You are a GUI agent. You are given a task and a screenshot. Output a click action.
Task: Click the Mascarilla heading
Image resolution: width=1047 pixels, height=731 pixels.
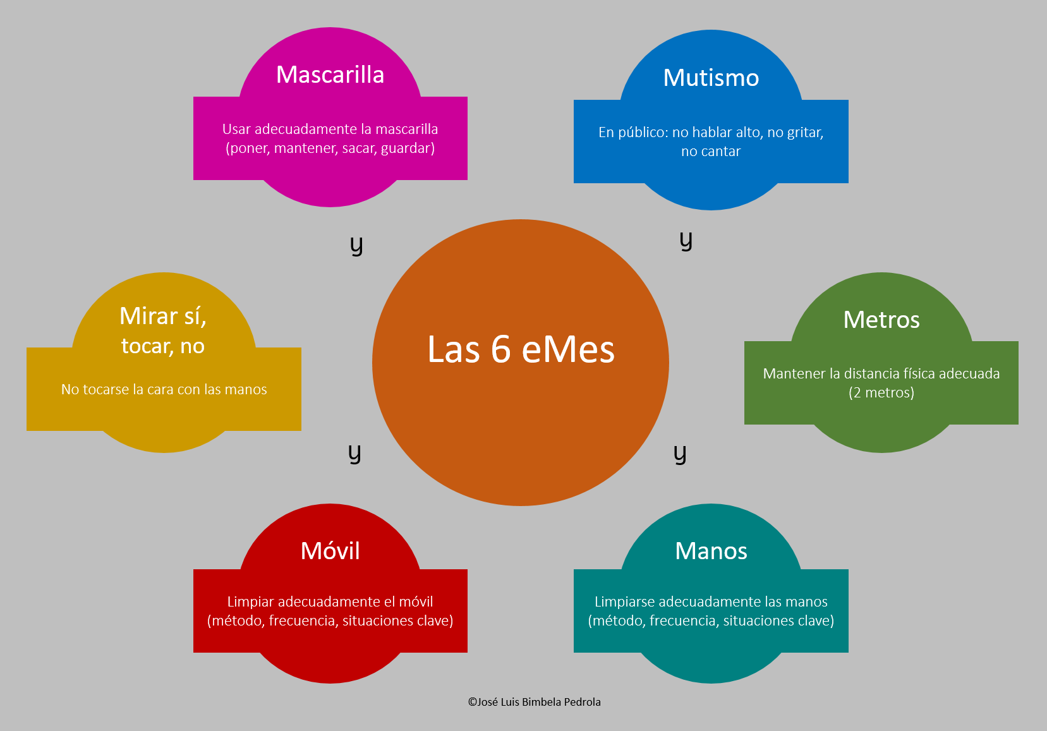330,75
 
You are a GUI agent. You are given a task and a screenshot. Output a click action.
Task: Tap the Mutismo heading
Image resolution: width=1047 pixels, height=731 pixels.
711,78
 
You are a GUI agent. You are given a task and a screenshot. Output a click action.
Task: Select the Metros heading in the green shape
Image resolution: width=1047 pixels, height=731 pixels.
881,320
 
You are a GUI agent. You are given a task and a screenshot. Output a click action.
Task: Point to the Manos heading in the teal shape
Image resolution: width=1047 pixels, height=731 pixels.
711,551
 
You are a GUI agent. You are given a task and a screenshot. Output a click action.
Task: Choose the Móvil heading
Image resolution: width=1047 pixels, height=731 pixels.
330,551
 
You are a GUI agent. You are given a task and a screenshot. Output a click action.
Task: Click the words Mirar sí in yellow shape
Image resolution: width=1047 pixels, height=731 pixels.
163,316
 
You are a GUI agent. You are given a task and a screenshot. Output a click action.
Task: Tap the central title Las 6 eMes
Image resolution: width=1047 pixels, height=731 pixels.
521,349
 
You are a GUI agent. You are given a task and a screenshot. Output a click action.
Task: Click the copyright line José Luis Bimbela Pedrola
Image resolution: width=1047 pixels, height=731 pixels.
535,702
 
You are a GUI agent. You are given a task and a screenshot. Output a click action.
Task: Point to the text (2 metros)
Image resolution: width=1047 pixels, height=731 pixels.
881,392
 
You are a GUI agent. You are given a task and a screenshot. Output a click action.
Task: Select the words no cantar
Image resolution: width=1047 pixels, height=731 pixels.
711,151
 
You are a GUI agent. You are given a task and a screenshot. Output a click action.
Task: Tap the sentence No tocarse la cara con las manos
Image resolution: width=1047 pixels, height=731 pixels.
164,389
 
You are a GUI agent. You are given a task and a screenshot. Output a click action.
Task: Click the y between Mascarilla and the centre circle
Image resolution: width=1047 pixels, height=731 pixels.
356,245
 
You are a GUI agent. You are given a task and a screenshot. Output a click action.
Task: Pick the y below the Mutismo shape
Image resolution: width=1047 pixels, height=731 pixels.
686,241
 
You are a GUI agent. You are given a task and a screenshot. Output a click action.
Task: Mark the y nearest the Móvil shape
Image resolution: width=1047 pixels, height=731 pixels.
354,453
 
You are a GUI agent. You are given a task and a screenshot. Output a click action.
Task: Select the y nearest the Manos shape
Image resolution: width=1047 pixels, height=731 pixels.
680,453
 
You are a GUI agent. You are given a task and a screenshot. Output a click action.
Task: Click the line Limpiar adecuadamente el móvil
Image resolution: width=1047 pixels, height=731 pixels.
330,601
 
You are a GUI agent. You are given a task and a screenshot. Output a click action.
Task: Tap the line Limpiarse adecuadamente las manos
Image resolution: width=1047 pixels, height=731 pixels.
711,601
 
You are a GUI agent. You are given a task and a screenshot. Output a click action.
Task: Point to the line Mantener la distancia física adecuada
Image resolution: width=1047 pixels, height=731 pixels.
881,373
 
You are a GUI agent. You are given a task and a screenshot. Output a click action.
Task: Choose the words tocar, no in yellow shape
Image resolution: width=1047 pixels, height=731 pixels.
163,346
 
